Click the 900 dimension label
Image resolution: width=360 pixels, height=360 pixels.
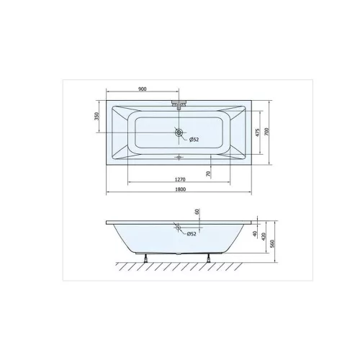coord(143,89)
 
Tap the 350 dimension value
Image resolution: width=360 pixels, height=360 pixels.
coord(96,116)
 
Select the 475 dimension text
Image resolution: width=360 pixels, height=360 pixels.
coord(257,132)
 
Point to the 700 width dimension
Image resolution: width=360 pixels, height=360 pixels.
coord(267,132)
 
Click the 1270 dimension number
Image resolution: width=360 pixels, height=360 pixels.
coord(180,179)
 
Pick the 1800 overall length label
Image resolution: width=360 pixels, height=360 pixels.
coord(180,189)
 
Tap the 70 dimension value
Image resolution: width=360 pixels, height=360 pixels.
coord(208,174)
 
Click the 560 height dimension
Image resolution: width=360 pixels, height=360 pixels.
coord(271,243)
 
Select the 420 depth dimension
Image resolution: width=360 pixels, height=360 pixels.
coord(264,237)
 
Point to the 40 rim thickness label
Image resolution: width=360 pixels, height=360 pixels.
coord(255,233)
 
